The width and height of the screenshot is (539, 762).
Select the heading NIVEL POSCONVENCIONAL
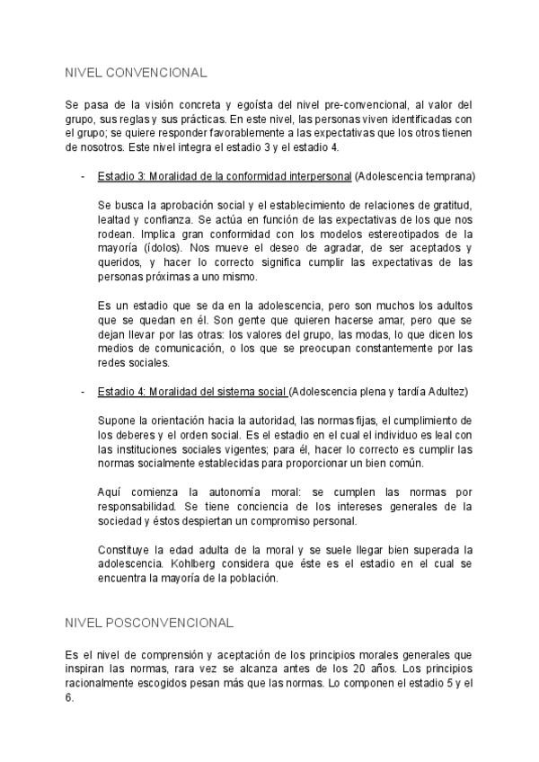click(149, 622)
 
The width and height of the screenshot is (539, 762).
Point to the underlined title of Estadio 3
click(225, 174)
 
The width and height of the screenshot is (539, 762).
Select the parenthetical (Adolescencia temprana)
click(415, 174)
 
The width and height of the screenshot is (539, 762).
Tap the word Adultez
click(446, 392)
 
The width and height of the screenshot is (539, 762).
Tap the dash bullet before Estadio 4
click(83, 392)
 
